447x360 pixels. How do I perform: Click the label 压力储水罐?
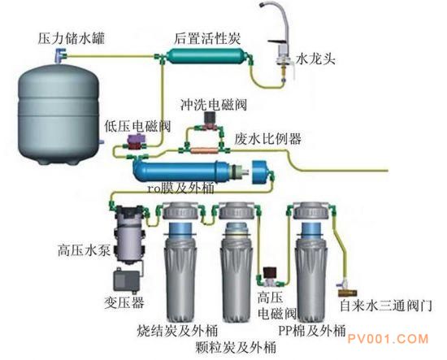tap(72, 39)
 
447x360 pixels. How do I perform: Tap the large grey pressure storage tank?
tap(59, 114)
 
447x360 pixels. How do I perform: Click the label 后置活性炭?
tap(207, 39)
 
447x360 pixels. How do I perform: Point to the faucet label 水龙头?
tap(315, 59)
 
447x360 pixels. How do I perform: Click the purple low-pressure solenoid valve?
tap(136, 141)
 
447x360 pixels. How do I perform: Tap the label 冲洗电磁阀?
tap(214, 105)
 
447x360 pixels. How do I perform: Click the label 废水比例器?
tap(268, 139)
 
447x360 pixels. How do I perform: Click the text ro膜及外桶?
tap(180, 189)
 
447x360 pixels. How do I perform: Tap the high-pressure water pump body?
tap(128, 233)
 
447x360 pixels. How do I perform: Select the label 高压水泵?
tap(84, 251)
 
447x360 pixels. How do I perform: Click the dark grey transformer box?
tap(126, 281)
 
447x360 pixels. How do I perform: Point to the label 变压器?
tap(124, 302)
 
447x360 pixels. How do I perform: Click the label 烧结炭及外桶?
tap(177, 331)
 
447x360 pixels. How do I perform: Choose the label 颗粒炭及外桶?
tap(236, 347)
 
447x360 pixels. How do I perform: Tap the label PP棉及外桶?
tap(312, 331)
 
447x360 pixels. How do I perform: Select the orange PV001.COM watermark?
tap(388, 339)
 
